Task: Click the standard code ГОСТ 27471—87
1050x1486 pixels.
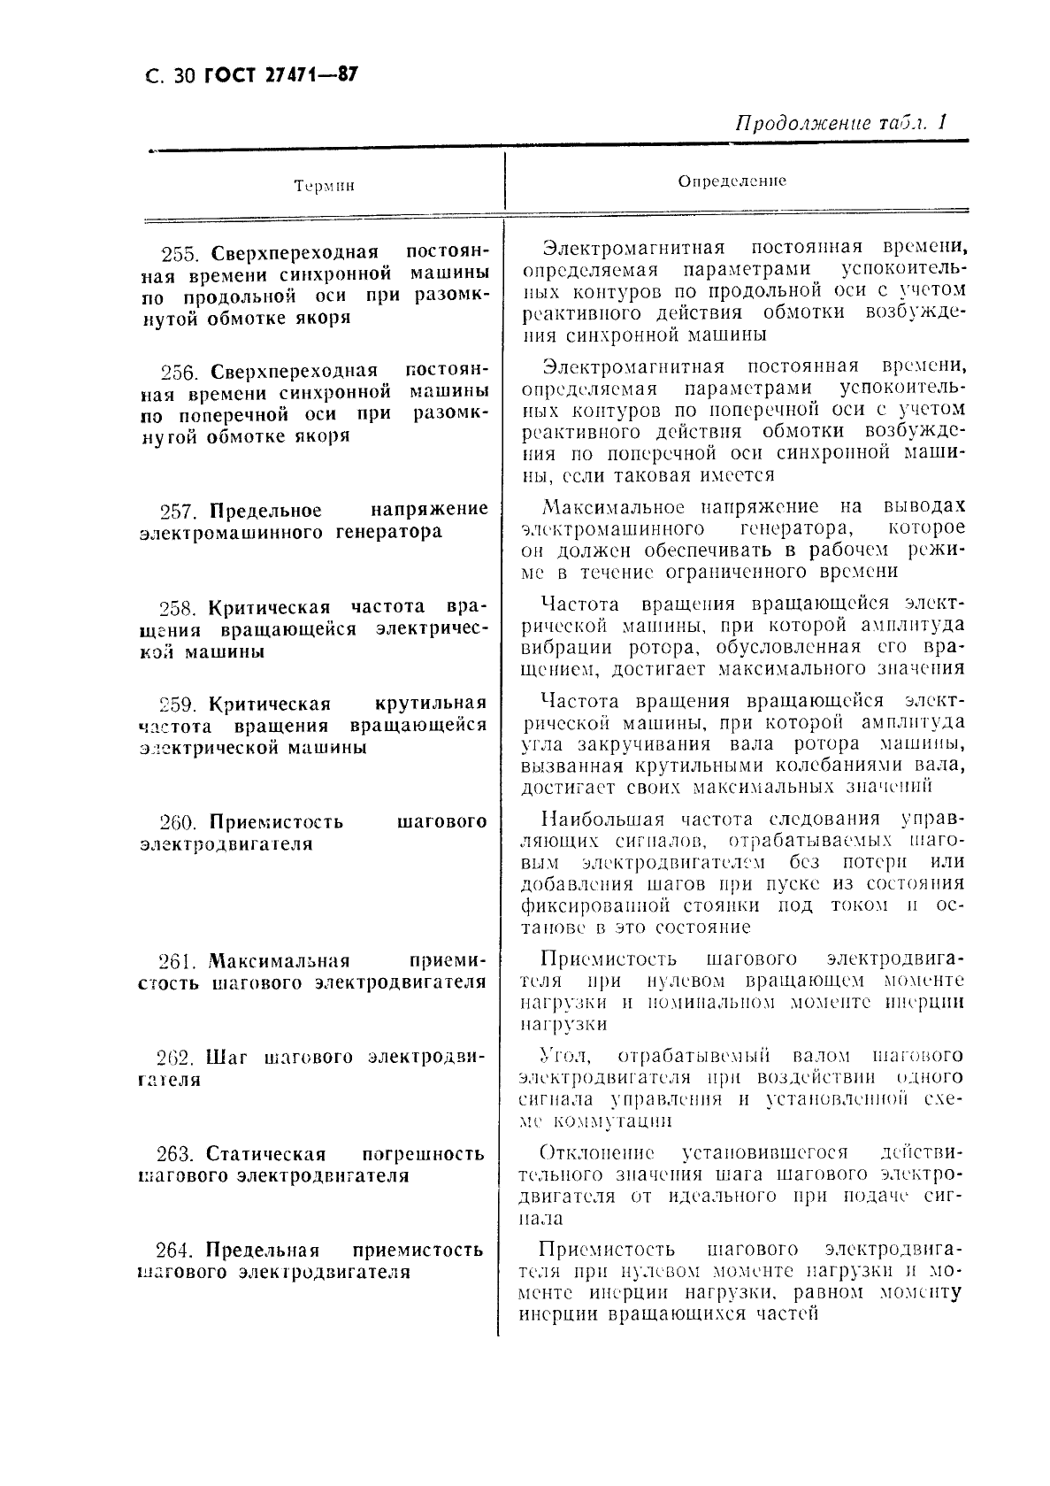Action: [280, 75]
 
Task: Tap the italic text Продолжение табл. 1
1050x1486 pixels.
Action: [840, 124]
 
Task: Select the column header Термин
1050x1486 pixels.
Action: [324, 186]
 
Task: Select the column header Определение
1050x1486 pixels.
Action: [732, 181]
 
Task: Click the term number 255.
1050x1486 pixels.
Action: [181, 254]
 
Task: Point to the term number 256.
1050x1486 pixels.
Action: [181, 372]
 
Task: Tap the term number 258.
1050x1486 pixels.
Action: [180, 608]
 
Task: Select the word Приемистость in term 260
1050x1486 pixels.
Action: [276, 822]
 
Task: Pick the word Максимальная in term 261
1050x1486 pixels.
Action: [279, 961]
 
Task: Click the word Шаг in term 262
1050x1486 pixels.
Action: [226, 1058]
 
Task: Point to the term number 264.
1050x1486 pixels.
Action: [173, 1251]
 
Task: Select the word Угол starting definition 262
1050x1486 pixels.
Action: [561, 1056]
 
